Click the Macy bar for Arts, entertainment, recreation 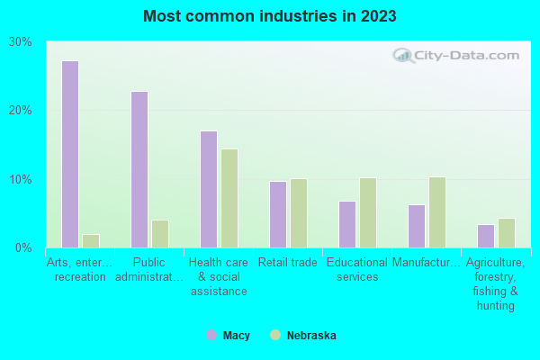[x=70, y=154]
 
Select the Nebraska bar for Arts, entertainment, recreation [x=91, y=240]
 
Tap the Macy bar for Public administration [x=139, y=169]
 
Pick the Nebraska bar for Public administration [x=160, y=233]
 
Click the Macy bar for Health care [x=209, y=189]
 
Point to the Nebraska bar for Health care [x=229, y=198]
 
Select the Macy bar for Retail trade [x=278, y=214]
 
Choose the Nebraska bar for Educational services [x=368, y=212]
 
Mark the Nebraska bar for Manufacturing [x=437, y=211]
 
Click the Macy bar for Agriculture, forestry [x=486, y=236]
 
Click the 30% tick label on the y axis [x=21, y=42]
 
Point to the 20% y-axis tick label [x=21, y=111]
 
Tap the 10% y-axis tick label [x=21, y=179]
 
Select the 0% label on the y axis [x=24, y=247]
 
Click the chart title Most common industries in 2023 [x=269, y=16]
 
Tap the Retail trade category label [x=288, y=263]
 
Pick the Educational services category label [x=357, y=270]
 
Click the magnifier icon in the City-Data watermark [x=404, y=56]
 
